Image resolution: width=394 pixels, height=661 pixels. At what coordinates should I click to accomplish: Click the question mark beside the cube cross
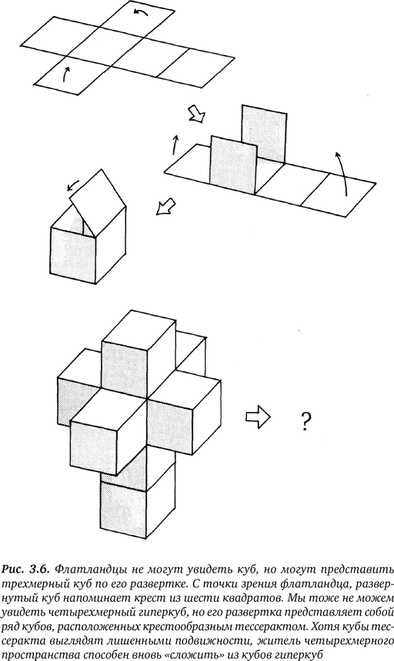[x=306, y=420]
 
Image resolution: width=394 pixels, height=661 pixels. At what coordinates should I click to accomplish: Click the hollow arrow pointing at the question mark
[x=258, y=417]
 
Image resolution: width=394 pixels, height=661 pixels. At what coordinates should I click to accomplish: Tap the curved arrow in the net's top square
[x=141, y=12]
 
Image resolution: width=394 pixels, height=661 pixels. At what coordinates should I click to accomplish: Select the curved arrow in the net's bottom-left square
[x=65, y=74]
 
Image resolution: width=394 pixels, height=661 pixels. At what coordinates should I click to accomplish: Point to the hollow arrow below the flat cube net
[x=196, y=114]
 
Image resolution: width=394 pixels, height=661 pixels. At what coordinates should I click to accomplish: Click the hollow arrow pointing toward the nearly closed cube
[x=166, y=206]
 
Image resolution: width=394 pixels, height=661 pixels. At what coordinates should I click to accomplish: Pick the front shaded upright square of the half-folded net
[x=233, y=164]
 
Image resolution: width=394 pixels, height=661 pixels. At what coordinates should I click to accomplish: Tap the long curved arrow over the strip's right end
[x=342, y=173]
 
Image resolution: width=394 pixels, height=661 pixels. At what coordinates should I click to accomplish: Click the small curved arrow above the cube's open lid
[x=73, y=184]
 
